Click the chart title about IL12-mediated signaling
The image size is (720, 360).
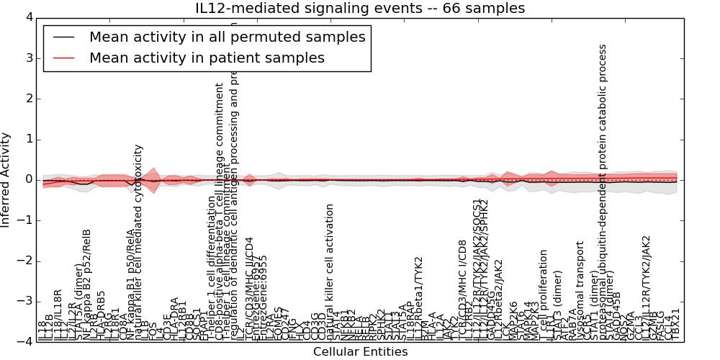click(x=360, y=8)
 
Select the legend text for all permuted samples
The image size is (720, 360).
click(x=227, y=37)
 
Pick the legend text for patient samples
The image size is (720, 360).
click(x=207, y=58)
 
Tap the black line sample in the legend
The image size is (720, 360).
click(x=63, y=37)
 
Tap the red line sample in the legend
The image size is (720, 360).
click(x=63, y=58)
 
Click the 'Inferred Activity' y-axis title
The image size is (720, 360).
click(x=6, y=179)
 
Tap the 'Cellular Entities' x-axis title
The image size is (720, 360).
click(x=360, y=351)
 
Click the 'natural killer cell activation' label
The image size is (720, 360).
click(x=330, y=272)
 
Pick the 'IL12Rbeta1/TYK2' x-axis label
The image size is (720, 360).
click(x=419, y=298)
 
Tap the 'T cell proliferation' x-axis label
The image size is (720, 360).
click(x=544, y=295)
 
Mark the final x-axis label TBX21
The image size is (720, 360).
click(x=675, y=325)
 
